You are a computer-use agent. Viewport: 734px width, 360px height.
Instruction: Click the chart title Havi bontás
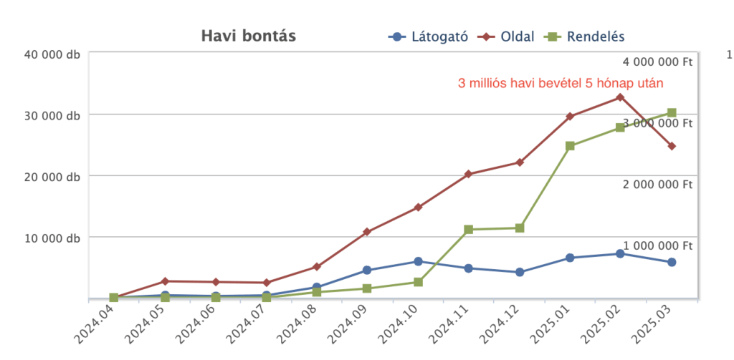(x=248, y=36)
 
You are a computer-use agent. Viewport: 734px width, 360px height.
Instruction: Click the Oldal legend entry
(x=510, y=37)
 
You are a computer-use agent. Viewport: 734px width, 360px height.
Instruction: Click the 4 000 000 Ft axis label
(x=657, y=62)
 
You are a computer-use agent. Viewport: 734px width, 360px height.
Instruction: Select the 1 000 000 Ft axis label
(x=657, y=245)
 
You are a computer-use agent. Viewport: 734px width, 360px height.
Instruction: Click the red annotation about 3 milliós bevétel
(x=561, y=84)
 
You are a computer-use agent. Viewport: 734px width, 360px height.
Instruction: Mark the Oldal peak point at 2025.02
(x=620, y=97)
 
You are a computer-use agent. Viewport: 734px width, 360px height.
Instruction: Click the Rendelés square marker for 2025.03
(x=672, y=112)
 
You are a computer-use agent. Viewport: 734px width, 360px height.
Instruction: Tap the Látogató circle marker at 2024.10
(x=418, y=261)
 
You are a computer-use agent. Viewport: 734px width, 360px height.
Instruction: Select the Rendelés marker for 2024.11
(x=469, y=230)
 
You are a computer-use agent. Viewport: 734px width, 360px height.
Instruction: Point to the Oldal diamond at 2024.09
(x=367, y=232)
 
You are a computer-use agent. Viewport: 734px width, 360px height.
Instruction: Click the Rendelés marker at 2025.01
(x=570, y=146)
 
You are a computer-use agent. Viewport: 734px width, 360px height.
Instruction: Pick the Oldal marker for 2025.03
(x=672, y=146)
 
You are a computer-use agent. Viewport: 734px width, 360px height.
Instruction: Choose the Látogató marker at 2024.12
(x=520, y=272)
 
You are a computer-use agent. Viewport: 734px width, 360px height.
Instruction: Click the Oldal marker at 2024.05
(x=165, y=281)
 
